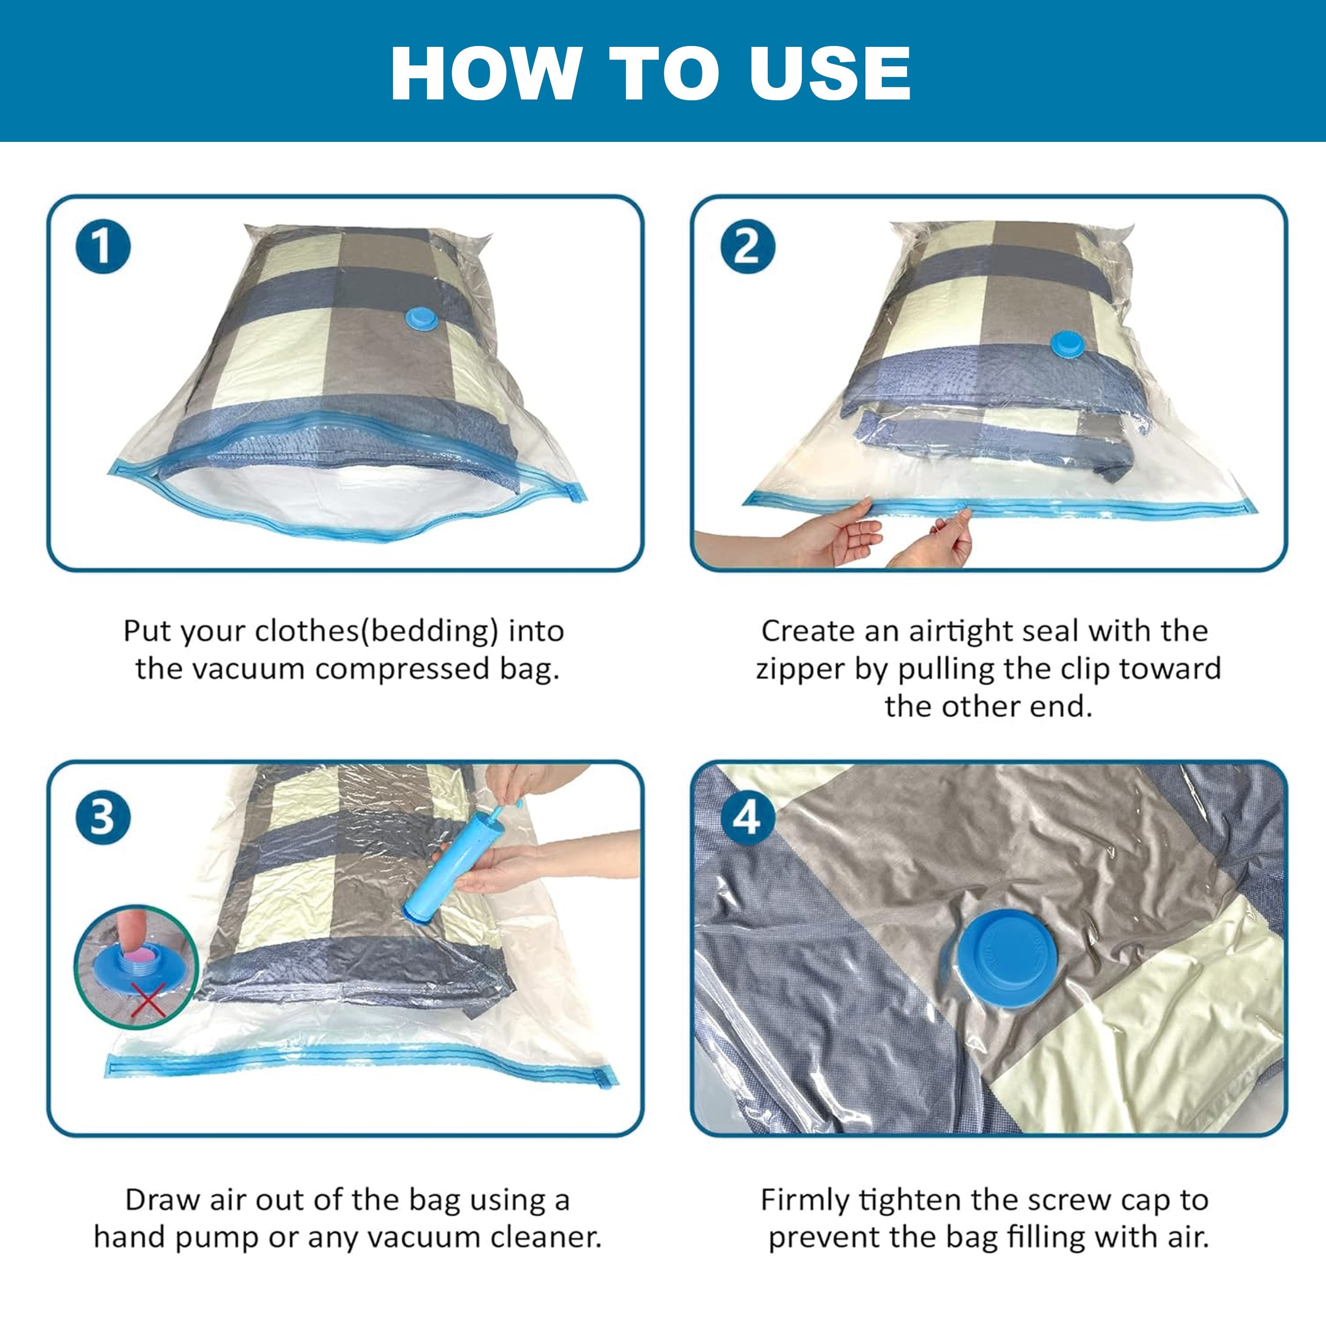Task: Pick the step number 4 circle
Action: coord(747,817)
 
